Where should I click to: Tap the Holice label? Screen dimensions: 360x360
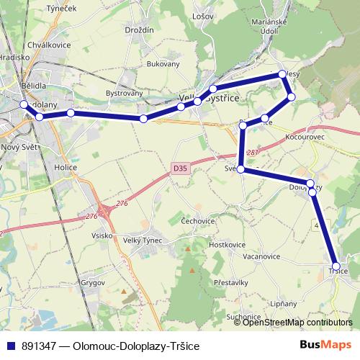coord(66,166)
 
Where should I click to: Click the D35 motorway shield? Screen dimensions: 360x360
coord(181,168)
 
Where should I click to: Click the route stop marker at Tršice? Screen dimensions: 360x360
coord(336,266)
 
